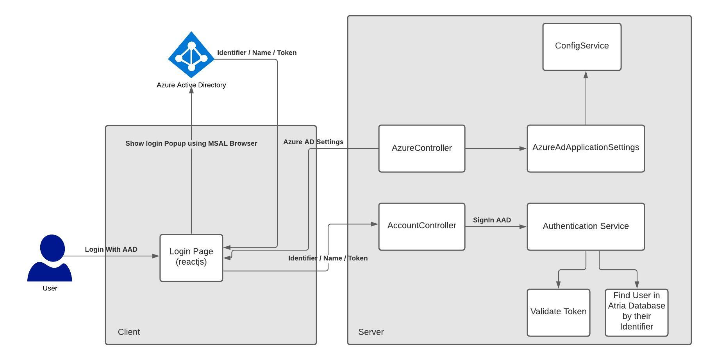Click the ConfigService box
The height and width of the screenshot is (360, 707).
tap(582, 47)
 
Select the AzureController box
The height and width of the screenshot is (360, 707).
tap(421, 148)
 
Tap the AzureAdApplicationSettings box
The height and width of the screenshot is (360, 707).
tap(586, 148)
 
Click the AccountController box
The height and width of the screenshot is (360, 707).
tap(421, 226)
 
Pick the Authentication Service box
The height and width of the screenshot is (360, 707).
tap(586, 226)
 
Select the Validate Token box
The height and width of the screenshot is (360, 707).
tap(558, 312)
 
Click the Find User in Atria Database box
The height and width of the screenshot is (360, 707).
tap(636, 312)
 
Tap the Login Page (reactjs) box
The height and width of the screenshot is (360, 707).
tap(191, 258)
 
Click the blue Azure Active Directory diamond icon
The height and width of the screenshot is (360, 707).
tap(191, 55)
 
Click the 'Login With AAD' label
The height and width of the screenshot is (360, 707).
tap(111, 249)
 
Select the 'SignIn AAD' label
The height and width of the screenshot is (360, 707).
tap(492, 220)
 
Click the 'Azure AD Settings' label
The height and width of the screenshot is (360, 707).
tap(313, 142)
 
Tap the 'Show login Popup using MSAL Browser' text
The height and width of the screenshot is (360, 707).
tap(191, 143)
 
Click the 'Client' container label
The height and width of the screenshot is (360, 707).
tap(129, 332)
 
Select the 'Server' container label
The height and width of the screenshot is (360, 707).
tap(371, 332)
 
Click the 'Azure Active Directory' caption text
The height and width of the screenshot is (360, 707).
tap(191, 85)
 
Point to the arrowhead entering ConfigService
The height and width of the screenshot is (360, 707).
tap(586, 74)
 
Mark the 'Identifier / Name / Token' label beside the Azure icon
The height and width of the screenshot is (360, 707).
tap(257, 53)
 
